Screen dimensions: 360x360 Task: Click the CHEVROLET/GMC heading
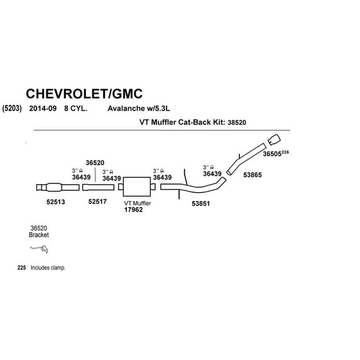[84, 94]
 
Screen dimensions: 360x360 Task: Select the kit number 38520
[237, 123]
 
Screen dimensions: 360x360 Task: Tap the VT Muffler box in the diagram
[137, 187]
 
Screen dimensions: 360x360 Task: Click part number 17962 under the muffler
[133, 210]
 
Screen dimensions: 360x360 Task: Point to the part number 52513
[55, 202]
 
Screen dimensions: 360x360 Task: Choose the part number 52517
[97, 202]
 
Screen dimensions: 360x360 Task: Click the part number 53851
[201, 204]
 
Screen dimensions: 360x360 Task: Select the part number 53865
[253, 175]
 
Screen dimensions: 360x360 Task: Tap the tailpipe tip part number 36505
[272, 154]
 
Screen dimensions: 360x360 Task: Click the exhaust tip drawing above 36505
[274, 139]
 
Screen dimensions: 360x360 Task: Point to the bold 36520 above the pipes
[95, 163]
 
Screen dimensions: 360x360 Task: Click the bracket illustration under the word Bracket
[39, 249]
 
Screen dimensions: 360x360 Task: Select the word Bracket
[39, 235]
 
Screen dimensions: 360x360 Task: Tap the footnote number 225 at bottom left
[21, 268]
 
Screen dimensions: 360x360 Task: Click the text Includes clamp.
[48, 268]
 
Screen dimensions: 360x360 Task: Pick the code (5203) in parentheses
[12, 108]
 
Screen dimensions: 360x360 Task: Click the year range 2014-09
[43, 108]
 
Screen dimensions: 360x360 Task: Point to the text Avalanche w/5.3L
[139, 108]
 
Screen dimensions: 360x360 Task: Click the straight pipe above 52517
[98, 187]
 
